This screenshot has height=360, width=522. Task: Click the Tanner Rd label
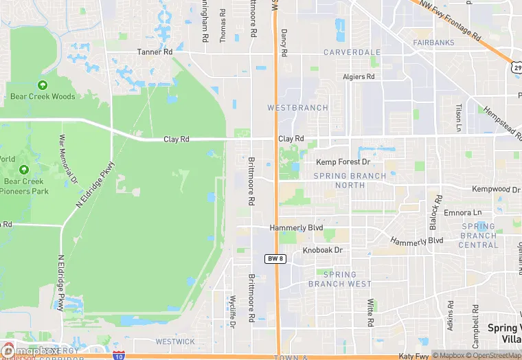[x=155, y=52]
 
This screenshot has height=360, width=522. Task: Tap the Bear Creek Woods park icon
[x=43, y=85]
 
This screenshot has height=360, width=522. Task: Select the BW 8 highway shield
[x=273, y=258]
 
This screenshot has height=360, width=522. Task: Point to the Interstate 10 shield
[x=120, y=356]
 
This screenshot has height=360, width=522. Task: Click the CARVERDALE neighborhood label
[x=352, y=52]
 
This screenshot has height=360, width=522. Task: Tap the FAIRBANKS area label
[x=433, y=43]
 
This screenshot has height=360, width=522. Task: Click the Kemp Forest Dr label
[x=343, y=162]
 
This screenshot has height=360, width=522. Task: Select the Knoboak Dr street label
[x=322, y=251]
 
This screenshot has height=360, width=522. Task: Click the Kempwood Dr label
[x=496, y=189]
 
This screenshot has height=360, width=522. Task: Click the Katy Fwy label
[x=413, y=356]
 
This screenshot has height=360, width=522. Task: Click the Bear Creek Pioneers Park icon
[x=24, y=170]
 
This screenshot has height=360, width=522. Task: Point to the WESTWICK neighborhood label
[x=175, y=341]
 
